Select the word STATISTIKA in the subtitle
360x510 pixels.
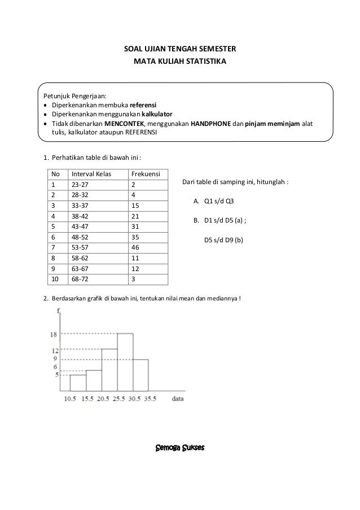pos(205,59)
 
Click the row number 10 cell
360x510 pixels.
pos(54,279)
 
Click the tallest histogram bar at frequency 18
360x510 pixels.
pos(125,361)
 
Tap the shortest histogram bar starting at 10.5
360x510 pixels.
pos(78,382)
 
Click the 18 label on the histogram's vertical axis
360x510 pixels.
pos(54,334)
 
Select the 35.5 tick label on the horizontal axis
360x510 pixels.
pos(148,399)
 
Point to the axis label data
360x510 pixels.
pos(178,398)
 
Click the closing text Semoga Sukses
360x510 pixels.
pos(179,448)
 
